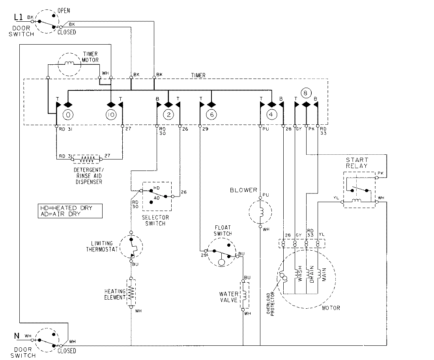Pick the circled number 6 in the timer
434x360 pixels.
pyautogui.click(x=211, y=115)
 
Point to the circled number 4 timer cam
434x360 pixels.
pyautogui.click(x=271, y=115)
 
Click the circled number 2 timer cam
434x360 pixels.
pyautogui.click(x=168, y=115)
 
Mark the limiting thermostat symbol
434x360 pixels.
pyautogui.click(x=131, y=247)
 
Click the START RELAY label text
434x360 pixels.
pyautogui.click(x=357, y=163)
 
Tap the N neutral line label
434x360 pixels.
pyautogui.click(x=17, y=336)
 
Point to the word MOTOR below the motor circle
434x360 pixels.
pyautogui.click(x=331, y=308)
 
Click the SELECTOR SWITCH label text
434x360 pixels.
pyautogui.click(x=155, y=220)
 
